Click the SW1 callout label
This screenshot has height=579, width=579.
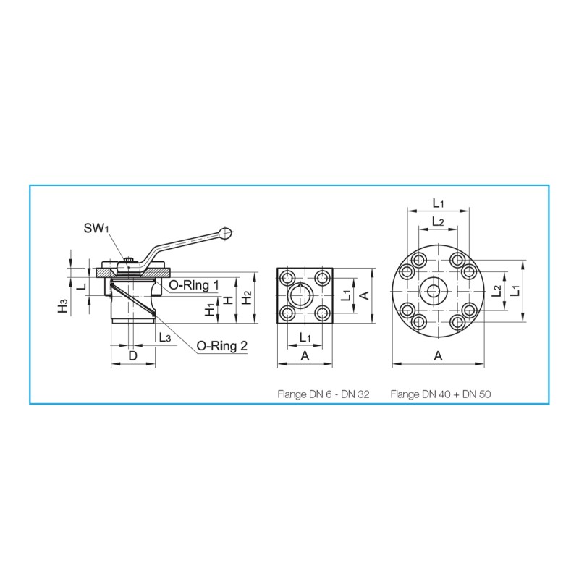coord(96,228)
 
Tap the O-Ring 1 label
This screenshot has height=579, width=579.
coord(194,284)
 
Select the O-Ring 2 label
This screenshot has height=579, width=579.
coord(222,346)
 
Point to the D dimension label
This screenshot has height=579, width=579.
coord(132,355)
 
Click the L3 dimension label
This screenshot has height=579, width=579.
coord(165,337)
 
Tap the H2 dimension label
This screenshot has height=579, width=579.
coord(247,297)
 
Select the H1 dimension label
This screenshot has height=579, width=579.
coord(210,310)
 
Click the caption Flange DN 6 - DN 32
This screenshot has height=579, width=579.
coord(324,394)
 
